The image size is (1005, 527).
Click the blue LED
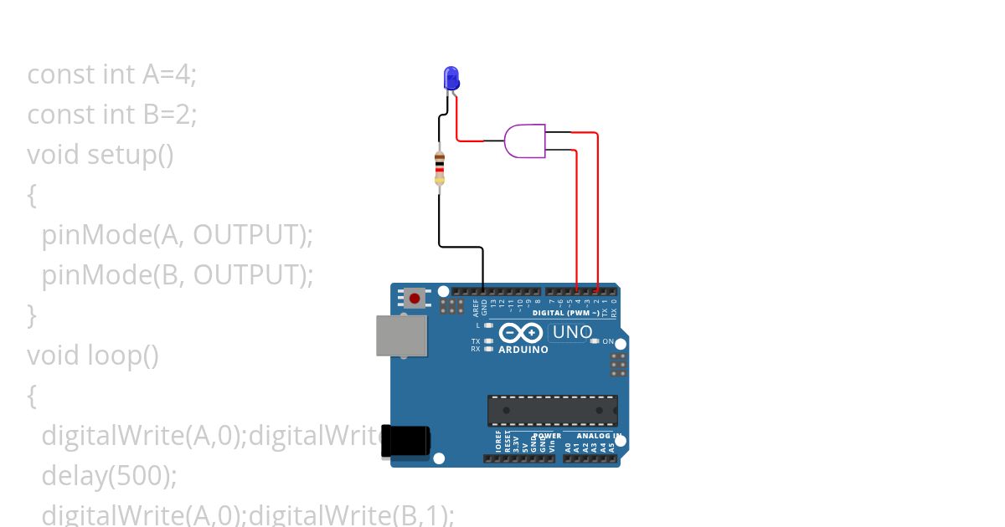tap(451, 79)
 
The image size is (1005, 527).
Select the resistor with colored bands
tap(439, 168)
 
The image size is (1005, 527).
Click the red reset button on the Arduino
tap(414, 298)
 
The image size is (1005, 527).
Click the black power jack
tap(406, 441)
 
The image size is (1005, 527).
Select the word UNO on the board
tap(572, 332)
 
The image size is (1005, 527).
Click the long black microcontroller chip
tap(553, 411)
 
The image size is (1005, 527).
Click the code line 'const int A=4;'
tap(111, 74)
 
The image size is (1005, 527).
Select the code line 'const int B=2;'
tap(111, 114)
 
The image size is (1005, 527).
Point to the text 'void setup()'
tap(100, 154)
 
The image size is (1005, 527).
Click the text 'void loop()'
tap(92, 356)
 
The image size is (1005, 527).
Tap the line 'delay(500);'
tap(109, 476)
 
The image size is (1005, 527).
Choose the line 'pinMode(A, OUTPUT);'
tap(177, 235)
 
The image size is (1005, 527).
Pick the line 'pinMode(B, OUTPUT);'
tap(177, 274)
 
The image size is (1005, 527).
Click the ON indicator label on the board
tap(608, 341)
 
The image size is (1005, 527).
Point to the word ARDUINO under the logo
tap(523, 350)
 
